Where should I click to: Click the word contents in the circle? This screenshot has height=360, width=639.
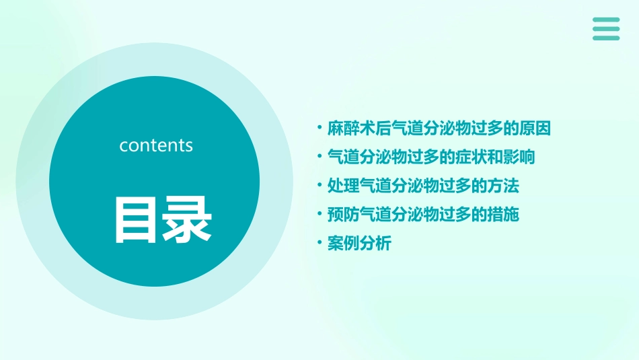(156, 145)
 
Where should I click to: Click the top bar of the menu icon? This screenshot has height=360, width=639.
(606, 20)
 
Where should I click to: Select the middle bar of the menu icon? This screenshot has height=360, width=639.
(606, 29)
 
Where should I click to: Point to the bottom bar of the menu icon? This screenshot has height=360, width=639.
(606, 38)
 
